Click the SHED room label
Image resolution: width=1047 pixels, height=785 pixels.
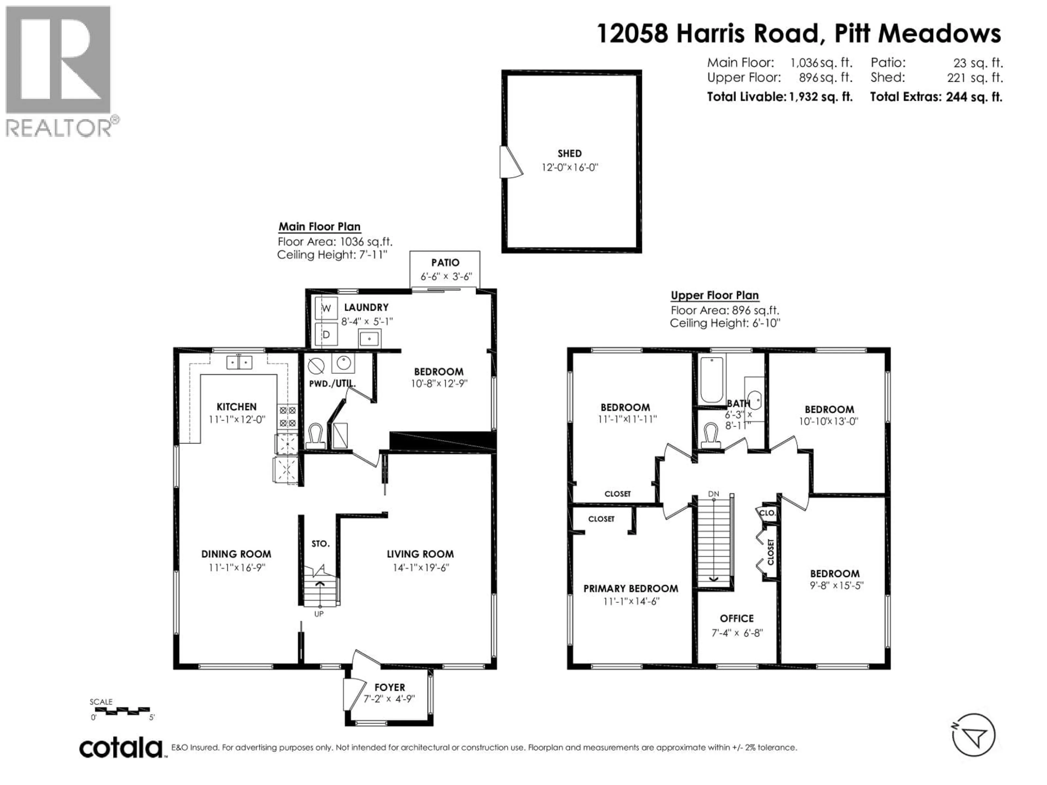click(x=569, y=153)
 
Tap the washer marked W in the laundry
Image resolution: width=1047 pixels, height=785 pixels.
click(x=326, y=309)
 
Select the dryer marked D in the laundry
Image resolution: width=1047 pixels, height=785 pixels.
click(x=326, y=334)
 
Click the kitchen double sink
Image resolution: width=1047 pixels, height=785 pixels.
click(x=239, y=363)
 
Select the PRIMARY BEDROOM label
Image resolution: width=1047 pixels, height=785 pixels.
click(x=630, y=589)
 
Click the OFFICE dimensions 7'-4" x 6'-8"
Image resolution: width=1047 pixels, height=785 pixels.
click(x=737, y=633)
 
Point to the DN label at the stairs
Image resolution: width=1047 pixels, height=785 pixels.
click(x=713, y=494)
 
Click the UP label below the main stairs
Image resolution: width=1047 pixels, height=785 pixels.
click(x=319, y=614)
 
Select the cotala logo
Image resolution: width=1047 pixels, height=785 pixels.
click(x=121, y=748)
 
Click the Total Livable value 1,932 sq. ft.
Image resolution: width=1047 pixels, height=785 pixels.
click(x=820, y=97)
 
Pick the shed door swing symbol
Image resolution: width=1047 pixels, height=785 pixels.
click(x=511, y=162)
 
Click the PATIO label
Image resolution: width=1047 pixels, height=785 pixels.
click(x=445, y=262)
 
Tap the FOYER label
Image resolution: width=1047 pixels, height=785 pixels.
click(x=390, y=687)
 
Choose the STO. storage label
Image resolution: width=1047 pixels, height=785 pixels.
click(x=320, y=544)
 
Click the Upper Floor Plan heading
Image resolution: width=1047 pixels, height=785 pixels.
click(x=715, y=295)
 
